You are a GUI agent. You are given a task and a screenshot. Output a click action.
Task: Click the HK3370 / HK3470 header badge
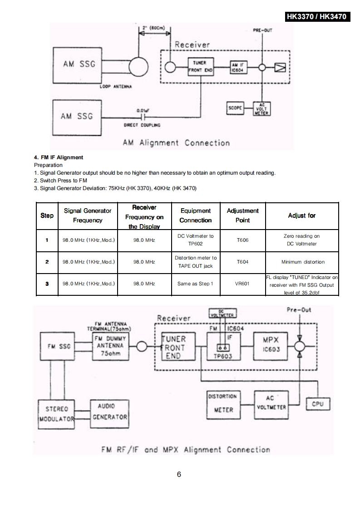(x=317, y=17)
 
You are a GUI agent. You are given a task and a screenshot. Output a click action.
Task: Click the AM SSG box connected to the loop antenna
(x=79, y=64)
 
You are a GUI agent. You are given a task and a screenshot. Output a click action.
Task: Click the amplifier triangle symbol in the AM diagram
(x=280, y=68)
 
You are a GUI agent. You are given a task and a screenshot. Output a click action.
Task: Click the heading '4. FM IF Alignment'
(x=59, y=157)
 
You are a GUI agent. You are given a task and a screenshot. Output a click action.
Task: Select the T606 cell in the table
(x=242, y=240)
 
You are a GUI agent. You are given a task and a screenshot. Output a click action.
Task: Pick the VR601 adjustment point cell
(x=242, y=284)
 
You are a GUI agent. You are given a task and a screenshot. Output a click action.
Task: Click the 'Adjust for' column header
(x=301, y=215)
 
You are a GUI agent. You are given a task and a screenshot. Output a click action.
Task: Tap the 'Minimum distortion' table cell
(x=303, y=262)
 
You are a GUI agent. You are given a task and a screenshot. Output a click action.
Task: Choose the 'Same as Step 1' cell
(x=195, y=284)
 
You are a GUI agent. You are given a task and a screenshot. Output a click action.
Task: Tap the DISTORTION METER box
(x=222, y=403)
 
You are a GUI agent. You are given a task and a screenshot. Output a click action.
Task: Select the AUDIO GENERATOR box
(x=109, y=411)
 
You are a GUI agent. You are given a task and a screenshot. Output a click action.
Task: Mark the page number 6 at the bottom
(x=179, y=475)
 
